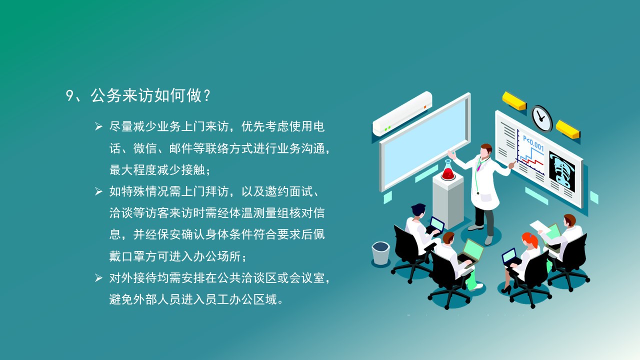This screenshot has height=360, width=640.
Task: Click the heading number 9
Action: (x=70, y=96)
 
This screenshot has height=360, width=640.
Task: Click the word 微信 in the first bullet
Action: (x=145, y=148)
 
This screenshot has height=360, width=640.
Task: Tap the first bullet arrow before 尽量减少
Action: (x=98, y=126)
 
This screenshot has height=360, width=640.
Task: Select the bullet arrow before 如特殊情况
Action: (x=98, y=191)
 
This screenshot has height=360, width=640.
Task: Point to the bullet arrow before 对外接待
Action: (x=98, y=277)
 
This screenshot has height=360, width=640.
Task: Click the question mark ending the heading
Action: (x=207, y=96)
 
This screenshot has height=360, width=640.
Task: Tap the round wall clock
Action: (x=541, y=119)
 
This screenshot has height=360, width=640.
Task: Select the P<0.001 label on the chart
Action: (x=533, y=143)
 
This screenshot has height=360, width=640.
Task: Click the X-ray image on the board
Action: (x=562, y=171)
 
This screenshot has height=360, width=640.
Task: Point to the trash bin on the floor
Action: (x=381, y=253)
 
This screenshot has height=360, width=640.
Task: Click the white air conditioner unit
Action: (x=402, y=113)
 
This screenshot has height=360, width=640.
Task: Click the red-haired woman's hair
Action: (x=530, y=239)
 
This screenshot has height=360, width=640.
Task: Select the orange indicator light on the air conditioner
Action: (x=425, y=107)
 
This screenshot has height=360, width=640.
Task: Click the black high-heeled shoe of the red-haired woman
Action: (x=506, y=289)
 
